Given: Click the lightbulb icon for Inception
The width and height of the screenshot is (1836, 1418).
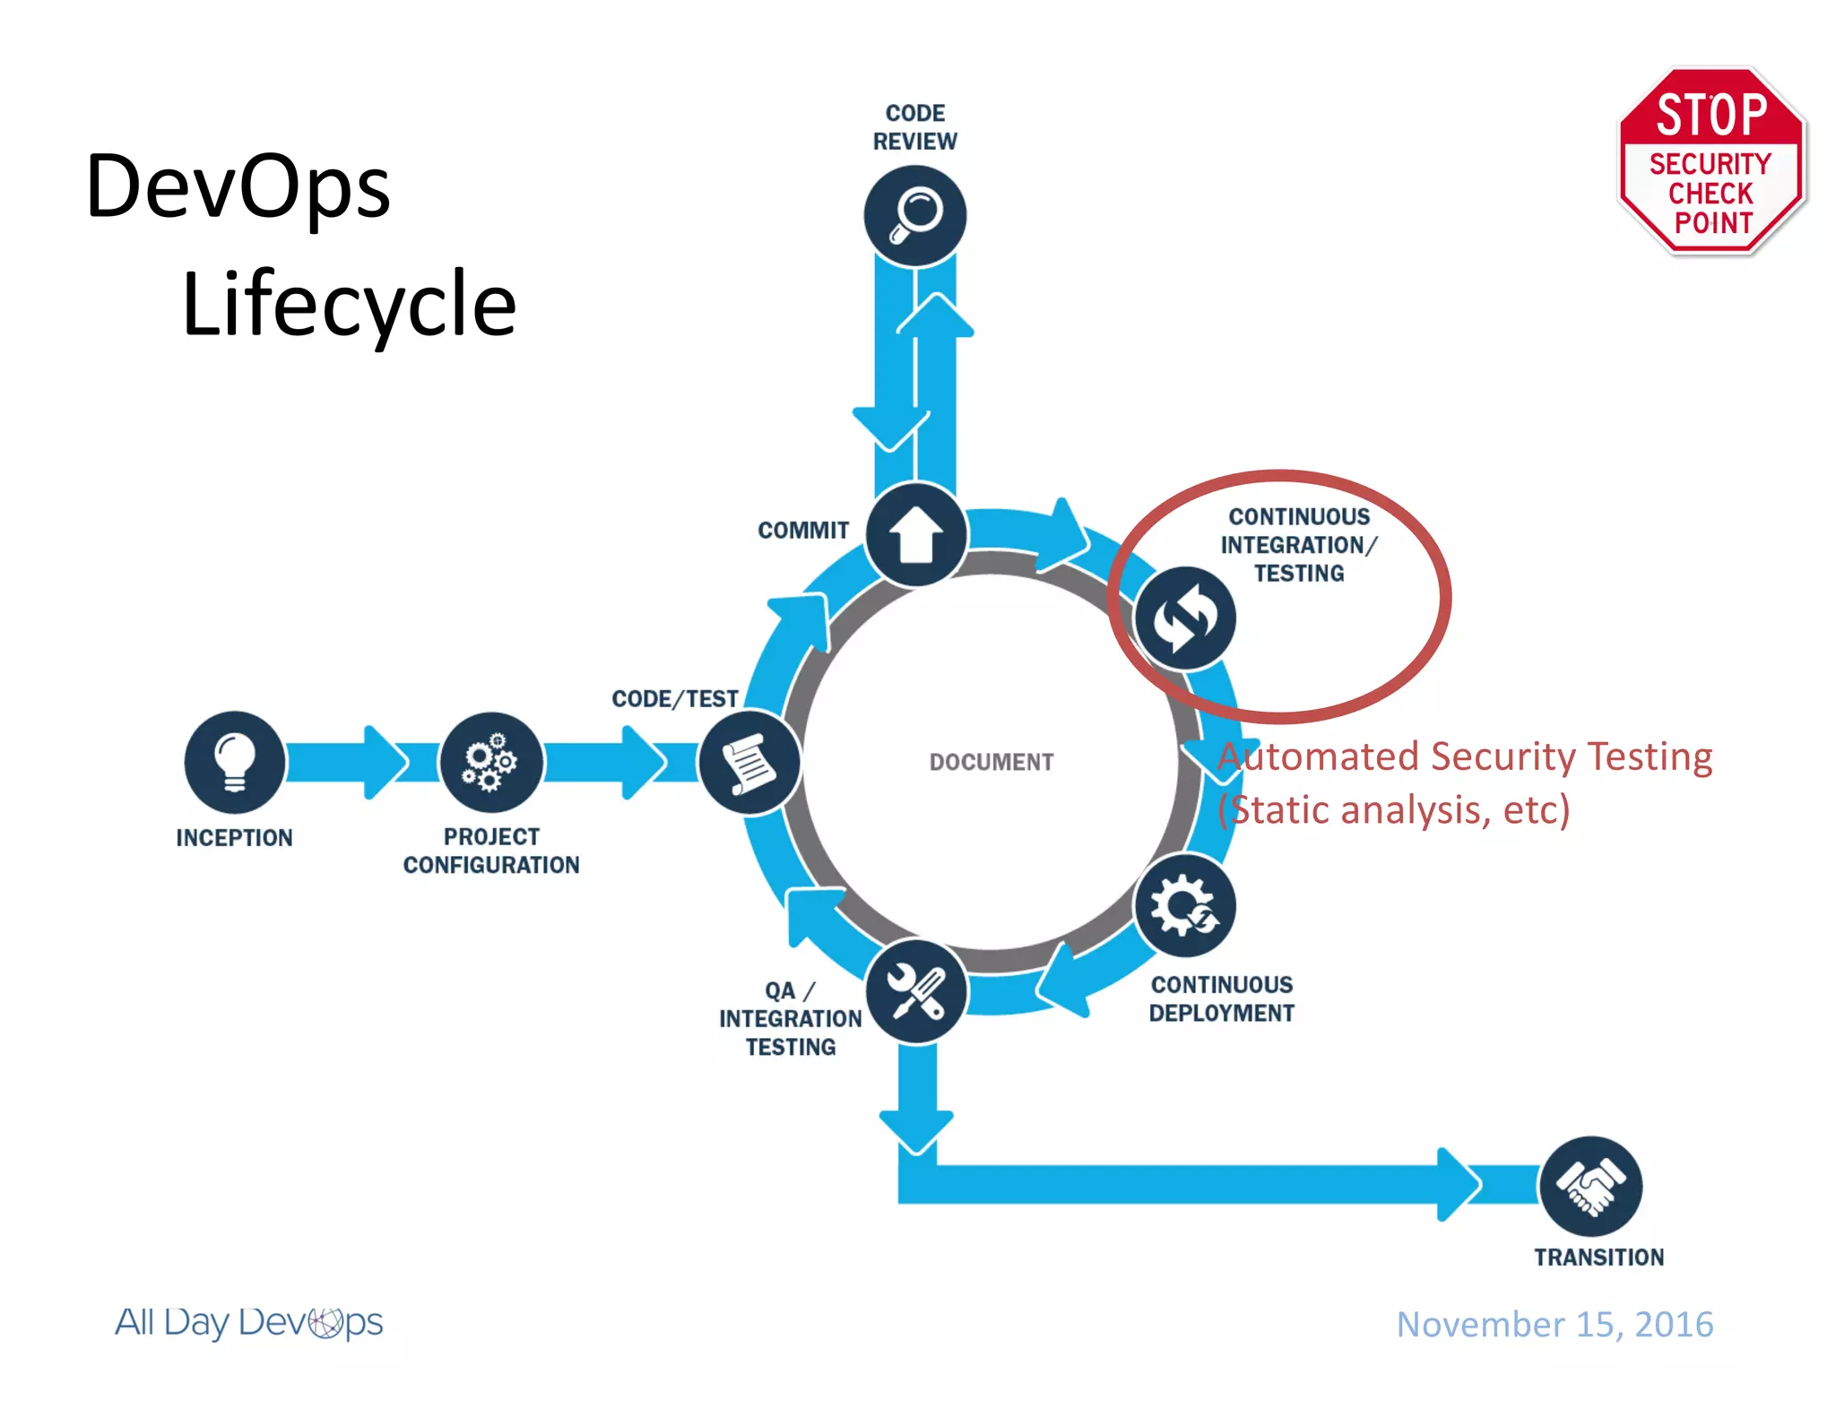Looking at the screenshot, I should pos(234,763).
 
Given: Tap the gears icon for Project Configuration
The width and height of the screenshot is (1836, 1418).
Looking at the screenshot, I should pos(490,763).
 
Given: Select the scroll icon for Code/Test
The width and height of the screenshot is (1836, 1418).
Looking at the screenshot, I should pos(749,763).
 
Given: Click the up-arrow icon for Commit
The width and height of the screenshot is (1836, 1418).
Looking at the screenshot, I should pos(915,535).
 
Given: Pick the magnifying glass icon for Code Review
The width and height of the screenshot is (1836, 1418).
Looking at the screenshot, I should pos(915,216).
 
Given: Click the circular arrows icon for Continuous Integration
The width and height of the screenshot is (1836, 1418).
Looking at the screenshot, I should pos(1184,618).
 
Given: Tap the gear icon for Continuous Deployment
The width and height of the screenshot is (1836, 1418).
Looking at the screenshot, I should pos(1184,906).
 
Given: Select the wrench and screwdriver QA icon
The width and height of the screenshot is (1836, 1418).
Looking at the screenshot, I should pos(915,991).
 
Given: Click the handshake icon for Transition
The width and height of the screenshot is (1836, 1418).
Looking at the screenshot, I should pos(1590,1187).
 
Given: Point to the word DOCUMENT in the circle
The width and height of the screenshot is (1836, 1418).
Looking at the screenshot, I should pos(991,763).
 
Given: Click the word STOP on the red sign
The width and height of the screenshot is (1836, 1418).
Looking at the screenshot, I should pos(1710,115).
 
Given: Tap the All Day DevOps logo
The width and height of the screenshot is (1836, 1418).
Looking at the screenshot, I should pos(249,1322).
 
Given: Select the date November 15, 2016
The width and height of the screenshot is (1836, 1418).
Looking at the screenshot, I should pos(1555,1325).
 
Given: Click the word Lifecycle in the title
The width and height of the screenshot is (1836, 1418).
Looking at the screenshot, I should pos(349,305).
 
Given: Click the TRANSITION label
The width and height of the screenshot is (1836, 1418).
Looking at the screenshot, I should pos(1598,1258).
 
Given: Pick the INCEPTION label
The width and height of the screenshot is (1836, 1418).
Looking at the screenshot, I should pos(234,838).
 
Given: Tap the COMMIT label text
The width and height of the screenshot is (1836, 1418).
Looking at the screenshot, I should pos(803,531).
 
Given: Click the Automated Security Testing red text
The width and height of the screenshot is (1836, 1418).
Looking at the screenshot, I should pos(1465,757).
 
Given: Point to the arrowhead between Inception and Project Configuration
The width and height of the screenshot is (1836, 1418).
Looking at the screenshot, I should pos(385,763).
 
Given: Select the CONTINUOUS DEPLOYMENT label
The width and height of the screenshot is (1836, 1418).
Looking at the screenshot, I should pos(1222,999).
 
